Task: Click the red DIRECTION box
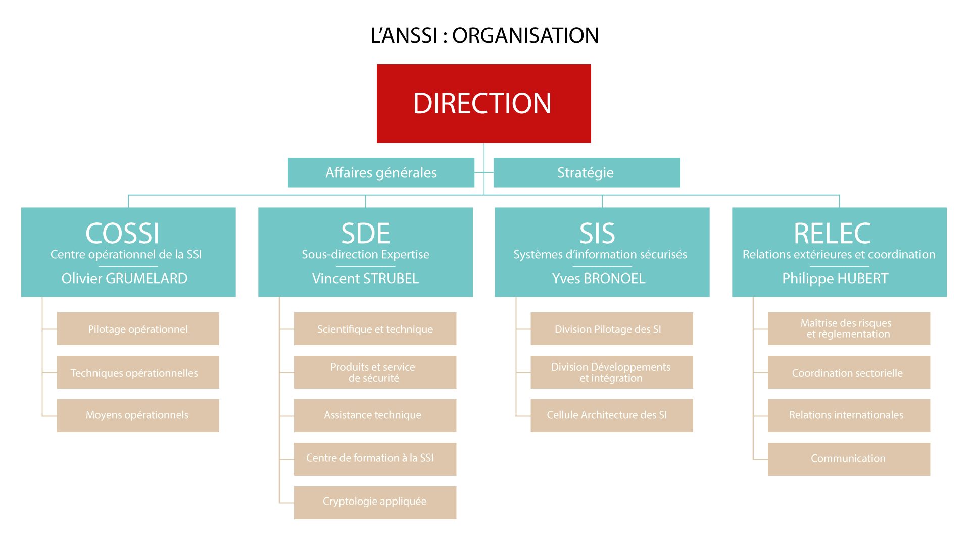(483, 103)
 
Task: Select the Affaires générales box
(381, 172)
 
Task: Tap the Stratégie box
(586, 172)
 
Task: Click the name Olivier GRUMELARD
(124, 278)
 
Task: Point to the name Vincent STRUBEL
(365, 278)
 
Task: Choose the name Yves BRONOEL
(599, 278)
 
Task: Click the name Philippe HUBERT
(835, 278)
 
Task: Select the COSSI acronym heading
(122, 233)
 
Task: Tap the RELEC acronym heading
(832, 233)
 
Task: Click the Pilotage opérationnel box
(138, 329)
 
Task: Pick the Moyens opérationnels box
(138, 416)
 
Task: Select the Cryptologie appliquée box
(375, 503)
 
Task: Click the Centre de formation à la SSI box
(375, 459)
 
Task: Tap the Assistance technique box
(375, 416)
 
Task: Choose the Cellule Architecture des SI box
(611, 416)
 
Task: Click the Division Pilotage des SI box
(611, 329)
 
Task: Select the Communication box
(849, 459)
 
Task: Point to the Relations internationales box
(849, 416)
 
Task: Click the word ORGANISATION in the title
(525, 35)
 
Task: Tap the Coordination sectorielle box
(849, 372)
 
